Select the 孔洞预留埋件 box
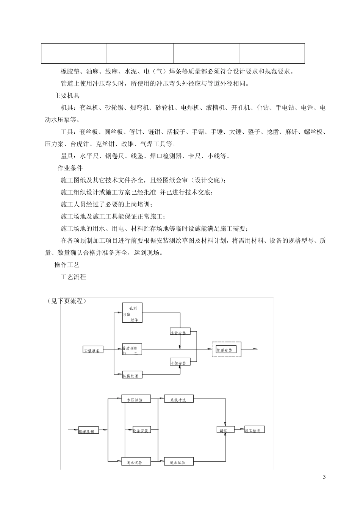(x=131, y=313)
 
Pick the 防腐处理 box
(x=132, y=375)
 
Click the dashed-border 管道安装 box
(x=226, y=349)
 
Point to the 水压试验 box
(x=136, y=399)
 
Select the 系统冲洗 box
(x=178, y=399)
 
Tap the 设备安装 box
(x=141, y=430)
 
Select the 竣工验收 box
(x=254, y=429)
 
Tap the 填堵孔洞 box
(x=88, y=430)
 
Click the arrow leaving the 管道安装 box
(x=250, y=349)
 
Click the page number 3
(x=324, y=477)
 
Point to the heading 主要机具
(x=67, y=95)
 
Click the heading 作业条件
(x=70, y=168)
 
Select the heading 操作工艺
(x=67, y=265)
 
